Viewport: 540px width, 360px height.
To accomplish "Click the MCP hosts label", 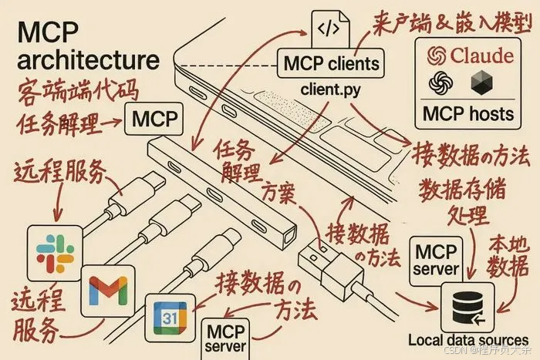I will (x=468, y=114).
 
